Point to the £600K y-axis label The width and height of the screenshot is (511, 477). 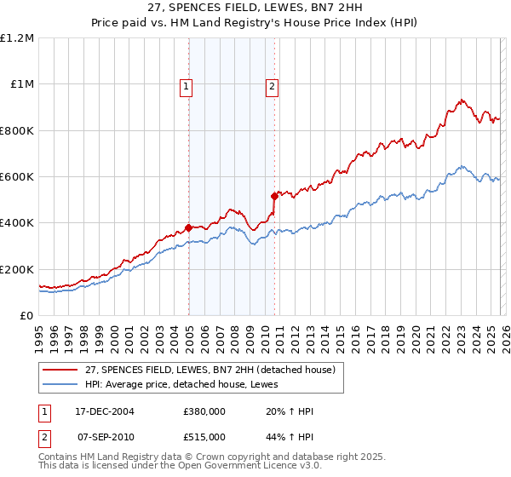pyautogui.click(x=17, y=177)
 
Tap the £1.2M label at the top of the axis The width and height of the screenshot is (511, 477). pyautogui.click(x=17, y=38)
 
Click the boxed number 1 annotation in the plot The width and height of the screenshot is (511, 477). pyautogui.click(x=186, y=85)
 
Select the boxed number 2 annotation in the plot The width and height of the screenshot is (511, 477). pyautogui.click(x=272, y=85)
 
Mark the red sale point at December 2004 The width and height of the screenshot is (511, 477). pyautogui.click(x=188, y=227)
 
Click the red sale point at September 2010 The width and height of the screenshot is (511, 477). pyautogui.click(x=274, y=196)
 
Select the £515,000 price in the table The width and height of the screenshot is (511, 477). pyautogui.click(x=204, y=435)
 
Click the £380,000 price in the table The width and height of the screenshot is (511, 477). pyautogui.click(x=204, y=411)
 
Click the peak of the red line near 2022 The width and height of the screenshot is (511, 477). pyautogui.click(x=461, y=100)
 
